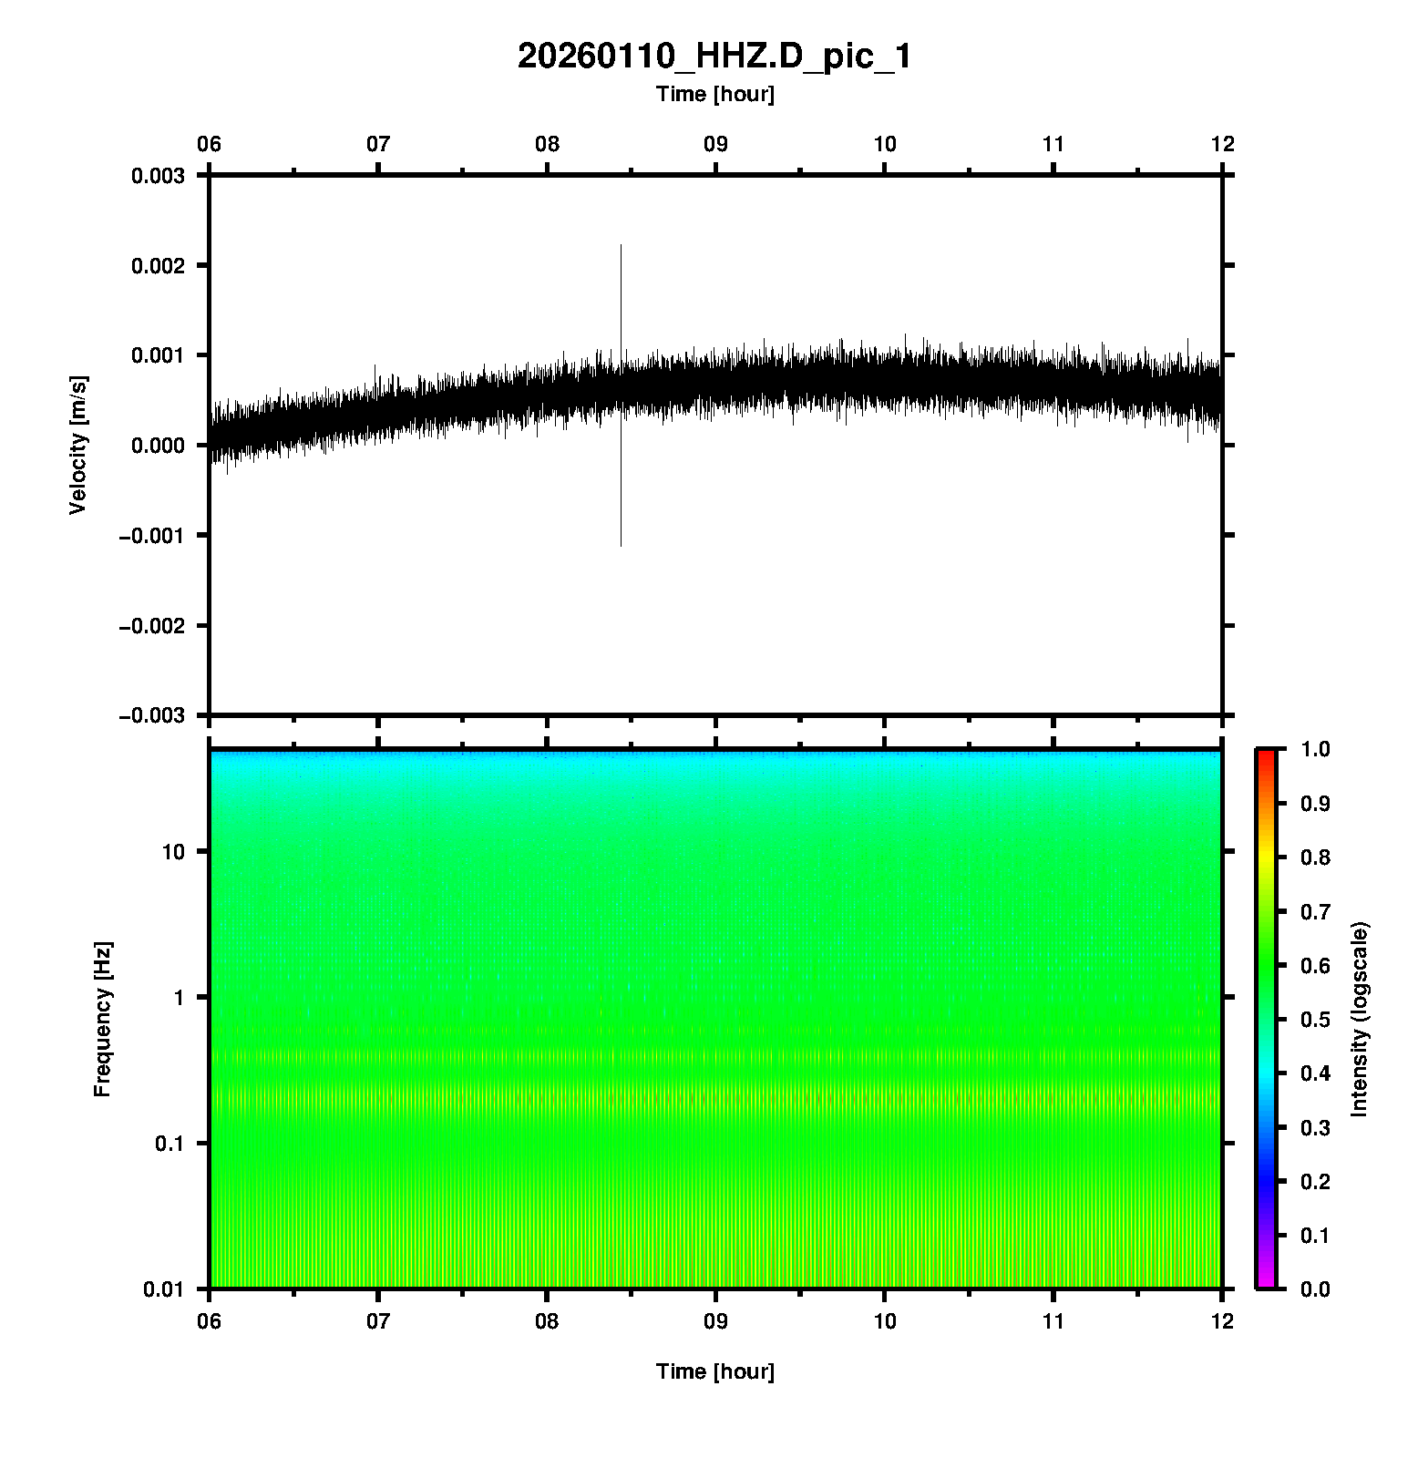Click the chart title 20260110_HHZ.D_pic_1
click(714, 56)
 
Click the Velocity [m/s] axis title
click(78, 445)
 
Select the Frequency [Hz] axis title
click(102, 1019)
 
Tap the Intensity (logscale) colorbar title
click(1361, 1019)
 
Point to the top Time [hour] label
click(714, 94)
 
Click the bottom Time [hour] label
click(714, 1371)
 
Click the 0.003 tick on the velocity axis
click(158, 176)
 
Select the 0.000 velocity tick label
click(158, 446)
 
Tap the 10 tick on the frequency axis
click(174, 852)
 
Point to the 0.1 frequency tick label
click(169, 1144)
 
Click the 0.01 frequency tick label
click(165, 1289)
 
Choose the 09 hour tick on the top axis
click(715, 144)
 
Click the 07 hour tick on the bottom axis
click(378, 1320)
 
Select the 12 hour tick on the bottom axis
click(1222, 1320)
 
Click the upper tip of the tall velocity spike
click(621, 246)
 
